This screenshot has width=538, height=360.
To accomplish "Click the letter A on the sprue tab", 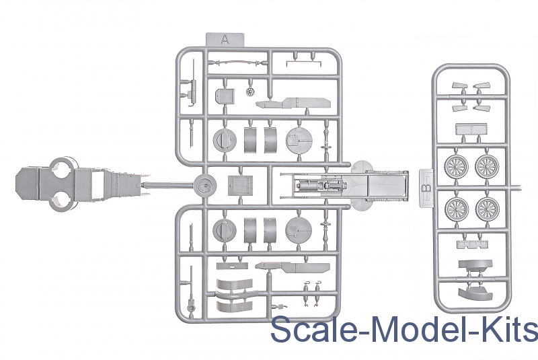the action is [x=225, y=40].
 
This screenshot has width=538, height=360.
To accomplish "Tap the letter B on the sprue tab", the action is [x=426, y=188].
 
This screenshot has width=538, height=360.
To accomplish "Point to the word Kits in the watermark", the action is [x=509, y=329].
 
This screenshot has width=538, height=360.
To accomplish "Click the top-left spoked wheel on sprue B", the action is [x=457, y=166].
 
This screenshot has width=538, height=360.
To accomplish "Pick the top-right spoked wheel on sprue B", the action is [x=487, y=166].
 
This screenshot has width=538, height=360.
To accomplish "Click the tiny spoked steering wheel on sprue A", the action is [x=250, y=92].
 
